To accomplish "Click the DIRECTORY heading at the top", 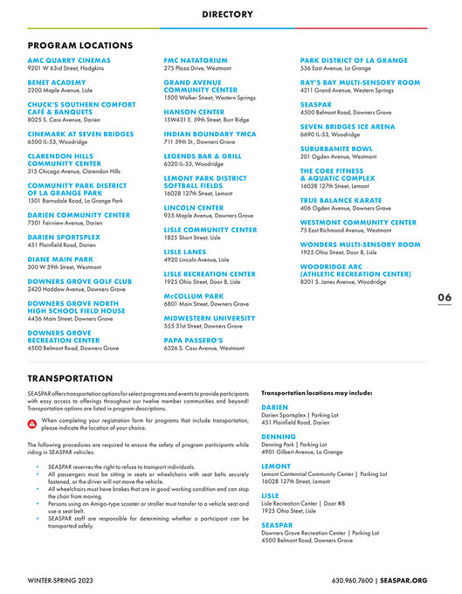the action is [x=227, y=14].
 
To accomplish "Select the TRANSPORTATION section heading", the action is [x=70, y=379].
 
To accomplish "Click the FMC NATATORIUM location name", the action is [x=197, y=60].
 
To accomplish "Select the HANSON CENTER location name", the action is [x=194, y=112].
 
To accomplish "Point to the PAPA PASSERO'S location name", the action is [x=195, y=340].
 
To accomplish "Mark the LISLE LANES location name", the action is [x=184, y=252].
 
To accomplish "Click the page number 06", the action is [x=444, y=297].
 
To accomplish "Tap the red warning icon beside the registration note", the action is [x=32, y=423].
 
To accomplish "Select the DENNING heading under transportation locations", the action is [x=279, y=436].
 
